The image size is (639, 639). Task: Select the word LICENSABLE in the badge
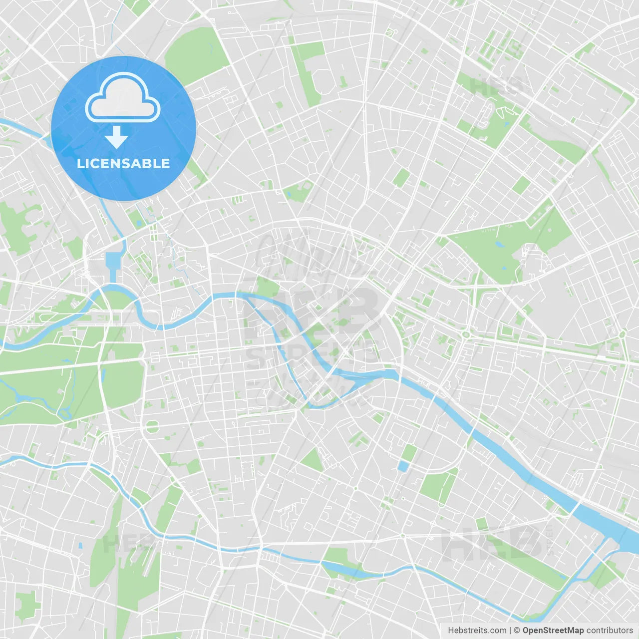pyautogui.click(x=123, y=163)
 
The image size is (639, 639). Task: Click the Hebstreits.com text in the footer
pyautogui.click(x=477, y=631)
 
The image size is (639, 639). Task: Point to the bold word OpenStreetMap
pyautogui.click(x=553, y=631)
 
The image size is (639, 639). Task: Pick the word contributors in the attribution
pyautogui.click(x=610, y=631)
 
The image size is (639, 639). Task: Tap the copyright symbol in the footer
pyautogui.click(x=517, y=631)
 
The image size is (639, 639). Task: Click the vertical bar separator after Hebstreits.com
pyautogui.click(x=510, y=631)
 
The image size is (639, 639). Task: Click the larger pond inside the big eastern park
pyautogui.click(x=500, y=245)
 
